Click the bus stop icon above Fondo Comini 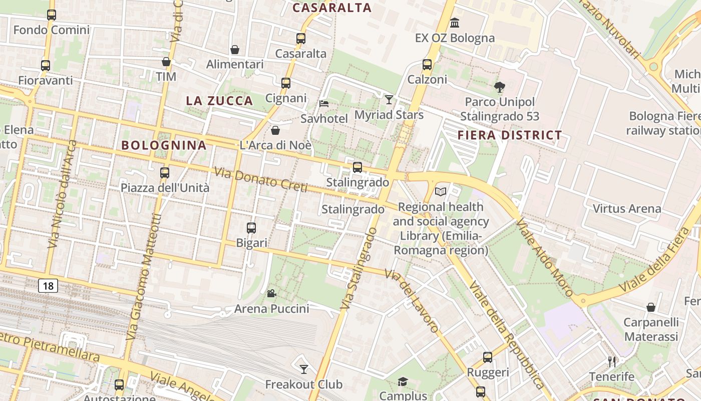(52, 15)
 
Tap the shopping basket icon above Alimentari (234, 50)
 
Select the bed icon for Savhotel (324, 104)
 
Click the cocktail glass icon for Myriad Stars (389, 100)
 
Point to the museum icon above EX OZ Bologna (455, 23)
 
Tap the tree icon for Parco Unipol (499, 87)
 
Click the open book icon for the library (441, 191)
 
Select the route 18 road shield (48, 286)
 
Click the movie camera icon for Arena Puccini (271, 293)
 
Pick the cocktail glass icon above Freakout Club (303, 369)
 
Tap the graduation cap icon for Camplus (403, 382)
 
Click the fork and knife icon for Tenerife (611, 361)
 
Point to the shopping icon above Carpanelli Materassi (651, 307)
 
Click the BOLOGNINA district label (164, 145)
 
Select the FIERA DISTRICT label (510, 135)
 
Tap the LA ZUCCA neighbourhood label (219, 101)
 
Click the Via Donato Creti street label (260, 179)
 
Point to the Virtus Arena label (626, 209)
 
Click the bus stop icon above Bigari (251, 228)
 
